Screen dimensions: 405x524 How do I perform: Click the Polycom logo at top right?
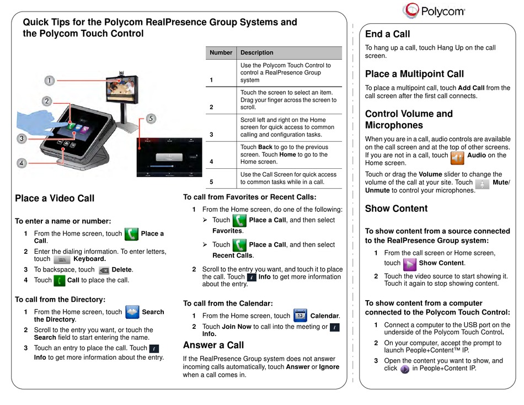[434, 10]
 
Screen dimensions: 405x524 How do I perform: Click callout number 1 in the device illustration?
[49, 81]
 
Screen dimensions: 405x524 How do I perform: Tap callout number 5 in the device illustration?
[152, 119]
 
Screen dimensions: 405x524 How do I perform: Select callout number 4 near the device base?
[22, 163]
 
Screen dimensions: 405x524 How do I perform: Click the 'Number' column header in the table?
[221, 53]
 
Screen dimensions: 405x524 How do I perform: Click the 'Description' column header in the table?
[256, 53]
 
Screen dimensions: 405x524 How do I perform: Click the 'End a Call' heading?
[388, 34]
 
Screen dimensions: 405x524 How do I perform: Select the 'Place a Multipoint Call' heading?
[414, 74]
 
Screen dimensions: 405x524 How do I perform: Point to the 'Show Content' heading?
[396, 209]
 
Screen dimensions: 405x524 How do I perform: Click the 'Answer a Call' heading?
[213, 345]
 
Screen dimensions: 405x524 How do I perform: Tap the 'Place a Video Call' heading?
[55, 199]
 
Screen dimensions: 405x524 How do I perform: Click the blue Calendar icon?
[300, 315]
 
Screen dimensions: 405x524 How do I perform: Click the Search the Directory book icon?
[132, 312]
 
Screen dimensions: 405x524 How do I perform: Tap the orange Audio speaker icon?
[457, 159]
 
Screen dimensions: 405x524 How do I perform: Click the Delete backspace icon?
[103, 270]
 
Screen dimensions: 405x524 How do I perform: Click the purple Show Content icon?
[409, 263]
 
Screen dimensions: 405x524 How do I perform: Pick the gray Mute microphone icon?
[482, 183]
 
